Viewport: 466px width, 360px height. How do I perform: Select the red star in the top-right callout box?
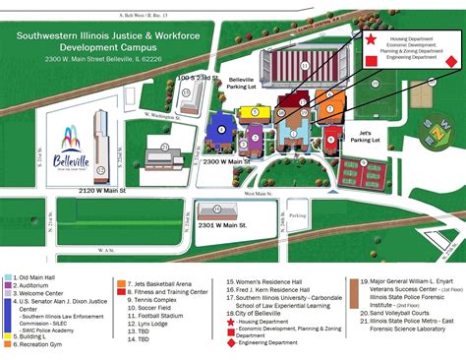(371, 40)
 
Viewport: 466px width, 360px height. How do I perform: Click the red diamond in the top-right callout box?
(451, 60)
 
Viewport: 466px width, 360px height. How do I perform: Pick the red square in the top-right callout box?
(371, 60)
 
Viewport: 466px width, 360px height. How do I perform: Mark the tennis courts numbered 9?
(360, 170)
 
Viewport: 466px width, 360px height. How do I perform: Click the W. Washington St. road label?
(163, 115)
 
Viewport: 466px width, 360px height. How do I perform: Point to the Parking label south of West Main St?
(298, 213)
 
